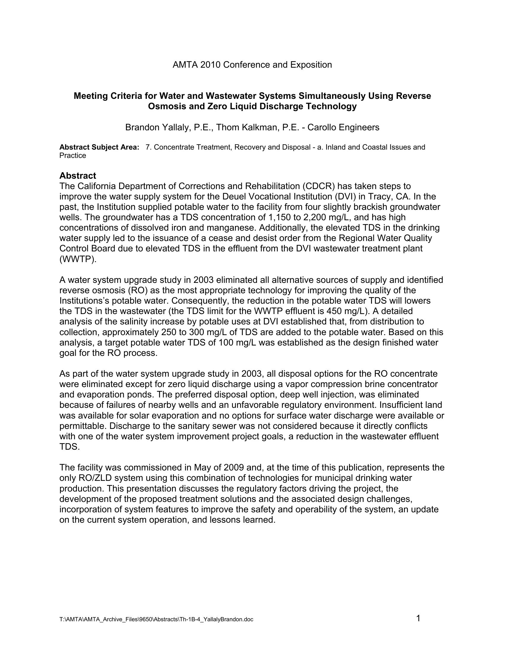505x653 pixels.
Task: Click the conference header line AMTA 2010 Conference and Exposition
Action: point(252,65)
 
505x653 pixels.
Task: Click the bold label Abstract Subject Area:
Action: point(99,147)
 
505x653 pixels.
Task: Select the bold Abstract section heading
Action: point(78,175)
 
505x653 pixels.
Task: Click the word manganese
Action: point(234,228)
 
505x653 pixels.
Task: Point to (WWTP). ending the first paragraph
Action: point(78,259)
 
